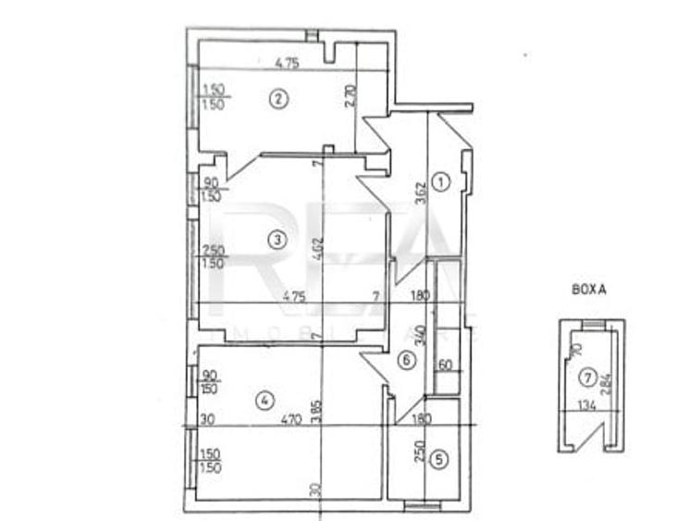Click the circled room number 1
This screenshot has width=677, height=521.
coord(441,182)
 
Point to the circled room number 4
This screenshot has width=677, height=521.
coord(265,401)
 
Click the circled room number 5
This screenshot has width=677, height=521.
coord(440,457)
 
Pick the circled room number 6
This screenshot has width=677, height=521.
coord(404,361)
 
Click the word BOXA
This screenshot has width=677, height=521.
coord(589,290)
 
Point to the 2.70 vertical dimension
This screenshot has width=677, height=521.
coord(349,98)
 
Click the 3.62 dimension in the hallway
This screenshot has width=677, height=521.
coord(420,190)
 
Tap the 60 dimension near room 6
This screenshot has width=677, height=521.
coord(444,366)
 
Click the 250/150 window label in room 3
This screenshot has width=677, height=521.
coord(213,256)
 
